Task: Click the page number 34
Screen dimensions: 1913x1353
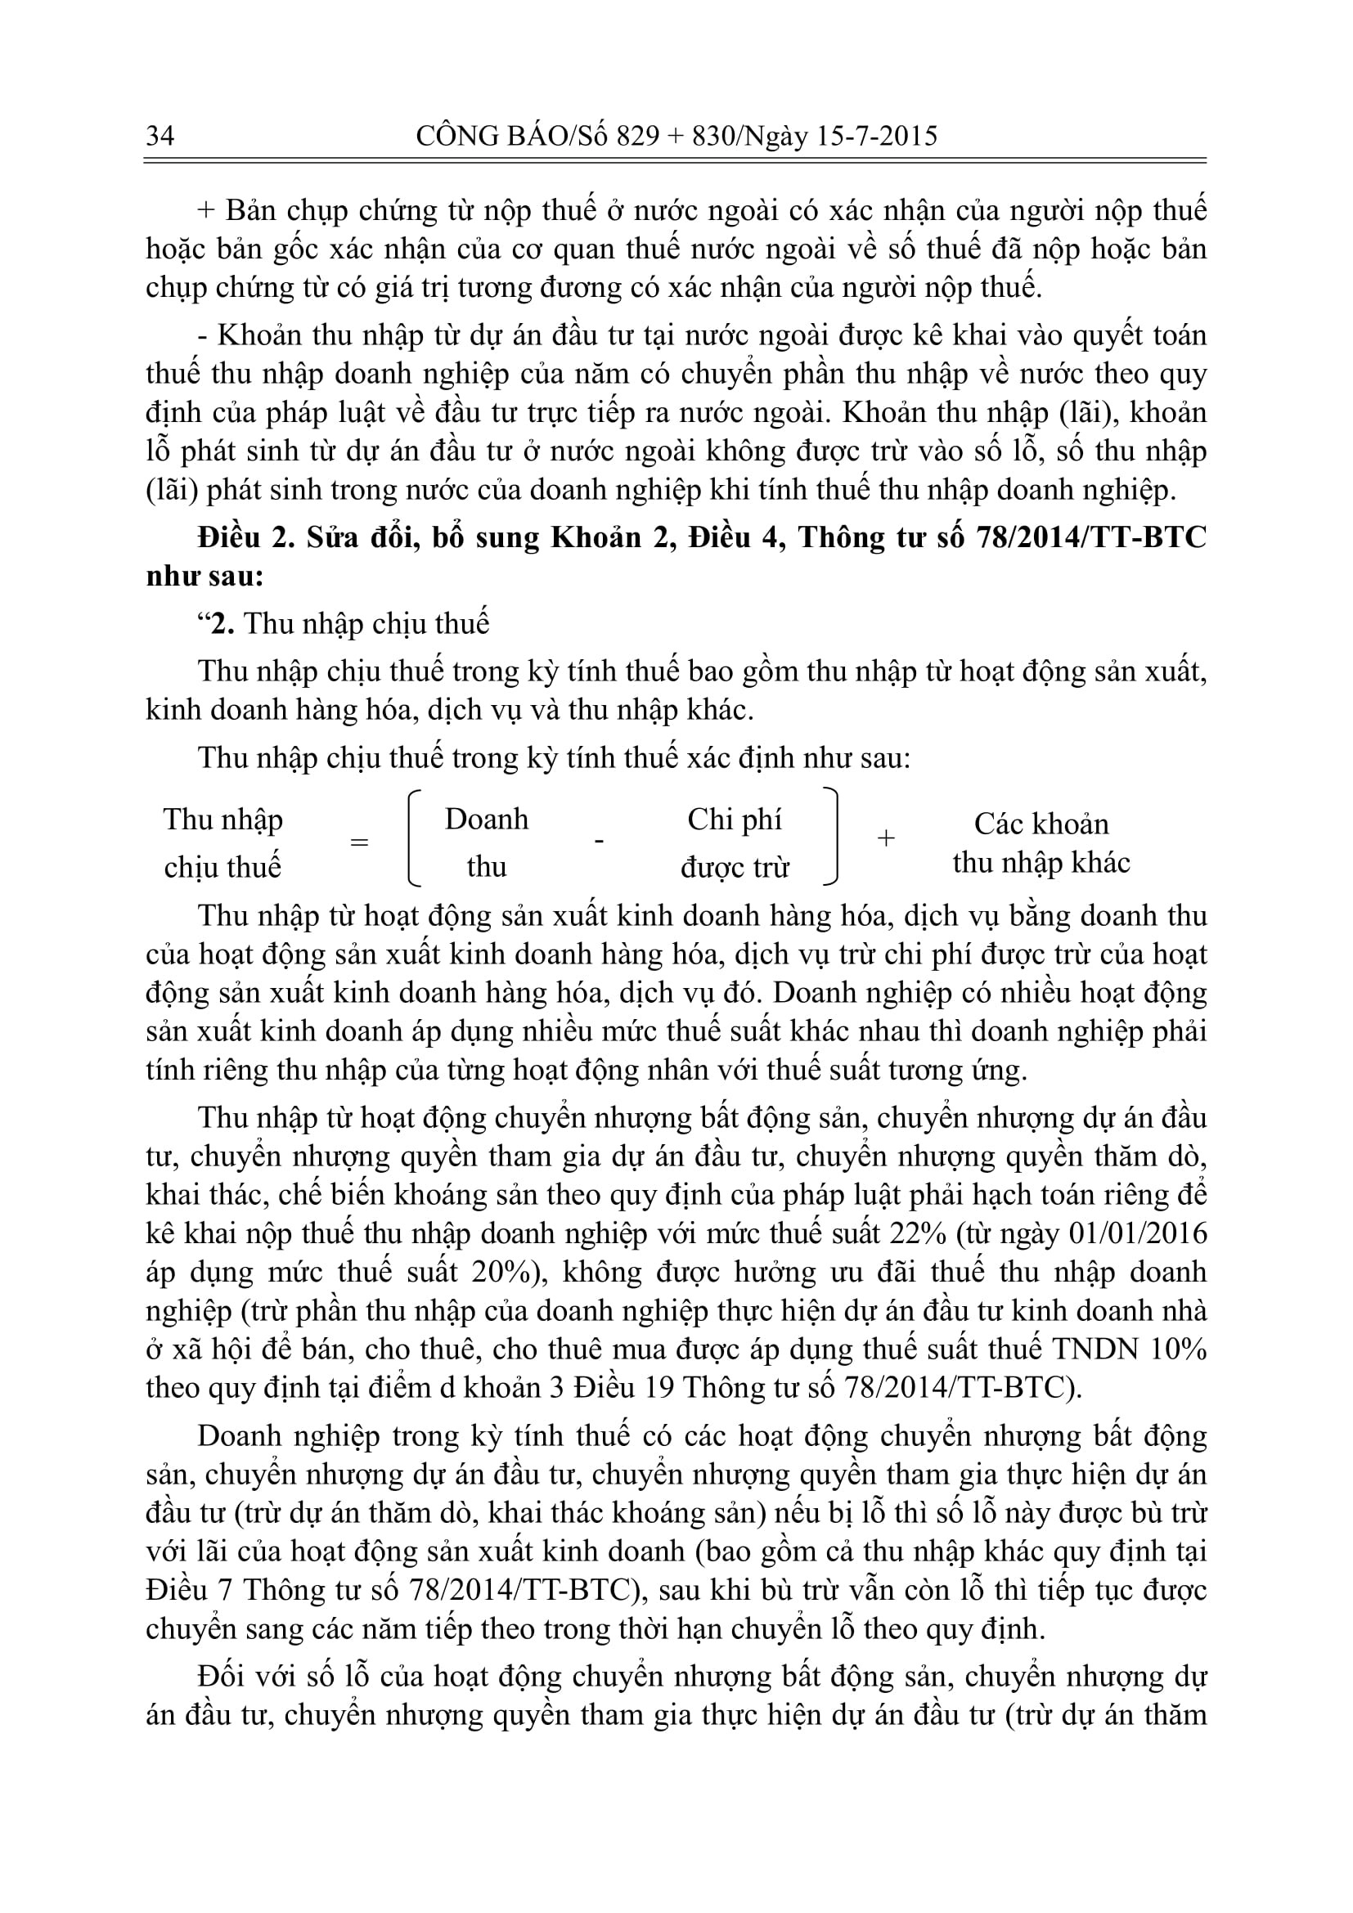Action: (160, 135)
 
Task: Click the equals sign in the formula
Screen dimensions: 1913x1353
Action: (359, 842)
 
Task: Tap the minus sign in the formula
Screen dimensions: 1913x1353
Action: (598, 841)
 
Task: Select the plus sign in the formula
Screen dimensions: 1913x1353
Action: (887, 838)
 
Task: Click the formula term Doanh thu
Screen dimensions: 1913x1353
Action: (487, 842)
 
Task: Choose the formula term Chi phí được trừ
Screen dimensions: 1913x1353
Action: (734, 843)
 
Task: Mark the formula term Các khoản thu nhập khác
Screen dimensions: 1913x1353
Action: (1041, 843)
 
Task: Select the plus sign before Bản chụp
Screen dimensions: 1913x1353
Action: (208, 211)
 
